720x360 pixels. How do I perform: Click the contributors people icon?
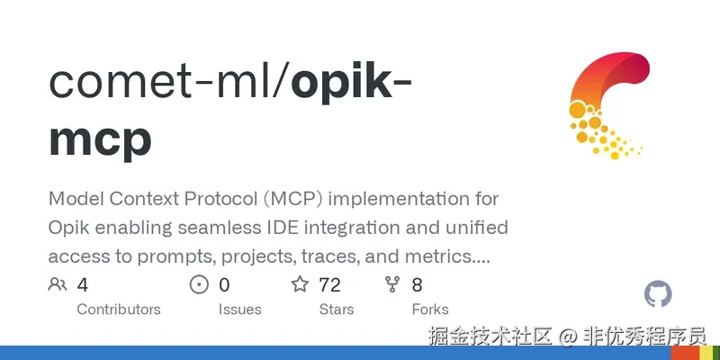58,285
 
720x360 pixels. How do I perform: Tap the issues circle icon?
199,285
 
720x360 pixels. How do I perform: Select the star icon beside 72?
300,285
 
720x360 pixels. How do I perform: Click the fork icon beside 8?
392,285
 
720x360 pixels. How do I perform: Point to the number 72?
329,285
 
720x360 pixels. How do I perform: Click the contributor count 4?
83,285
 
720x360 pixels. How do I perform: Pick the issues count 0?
224,285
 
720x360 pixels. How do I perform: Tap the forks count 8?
417,285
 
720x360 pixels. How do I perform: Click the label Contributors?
119,310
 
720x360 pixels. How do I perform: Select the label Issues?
239,310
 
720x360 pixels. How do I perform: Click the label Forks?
430,310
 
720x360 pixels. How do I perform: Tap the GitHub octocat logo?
659,293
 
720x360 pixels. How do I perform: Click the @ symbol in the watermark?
567,337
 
